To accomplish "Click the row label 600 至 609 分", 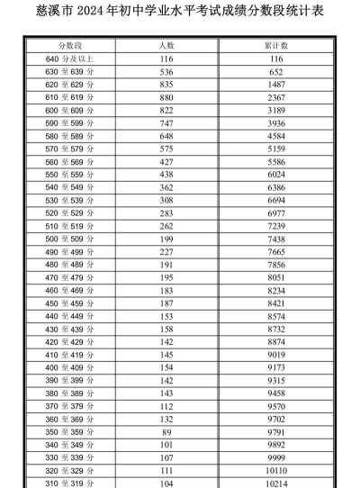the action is pos(70,110).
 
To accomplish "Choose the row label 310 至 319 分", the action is pos(70,482).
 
